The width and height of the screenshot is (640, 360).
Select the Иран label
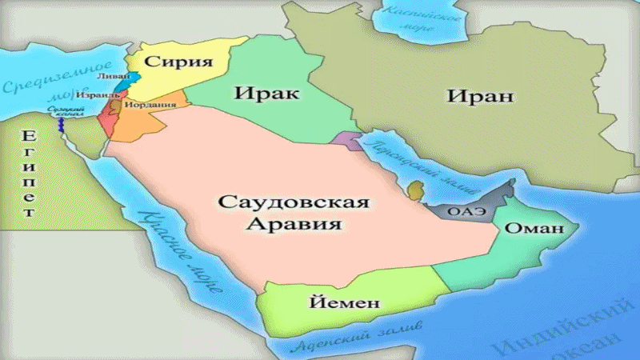[480, 98]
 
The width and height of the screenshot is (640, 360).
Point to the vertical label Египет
[28, 171]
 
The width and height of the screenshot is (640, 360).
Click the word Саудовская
[294, 202]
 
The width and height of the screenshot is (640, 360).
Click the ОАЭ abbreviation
[462, 213]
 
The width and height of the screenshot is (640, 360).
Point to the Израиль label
[99, 94]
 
